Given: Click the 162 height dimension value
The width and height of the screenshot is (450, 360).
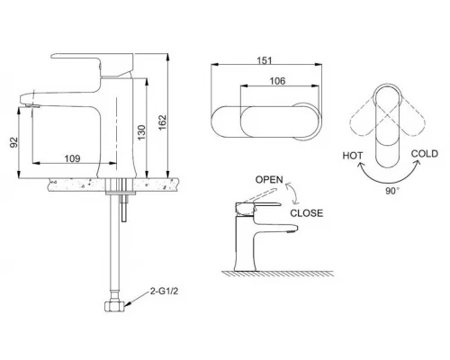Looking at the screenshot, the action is (162, 122).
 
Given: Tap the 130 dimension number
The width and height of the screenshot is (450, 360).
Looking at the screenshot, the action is (141, 132).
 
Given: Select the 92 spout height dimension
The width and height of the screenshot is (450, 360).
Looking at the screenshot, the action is (14, 142).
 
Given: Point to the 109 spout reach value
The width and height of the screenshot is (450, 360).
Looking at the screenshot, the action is (73, 158).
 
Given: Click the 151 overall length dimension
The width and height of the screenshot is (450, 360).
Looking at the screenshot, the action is (265, 60).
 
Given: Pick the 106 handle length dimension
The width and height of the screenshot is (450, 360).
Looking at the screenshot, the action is (277, 81).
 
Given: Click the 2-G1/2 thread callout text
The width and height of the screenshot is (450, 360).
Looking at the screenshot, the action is (164, 291).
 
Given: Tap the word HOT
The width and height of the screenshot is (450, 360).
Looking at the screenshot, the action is (353, 156).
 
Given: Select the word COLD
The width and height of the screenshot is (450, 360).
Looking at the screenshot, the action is (425, 154).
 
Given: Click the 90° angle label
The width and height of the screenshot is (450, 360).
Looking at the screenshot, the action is (392, 191).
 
